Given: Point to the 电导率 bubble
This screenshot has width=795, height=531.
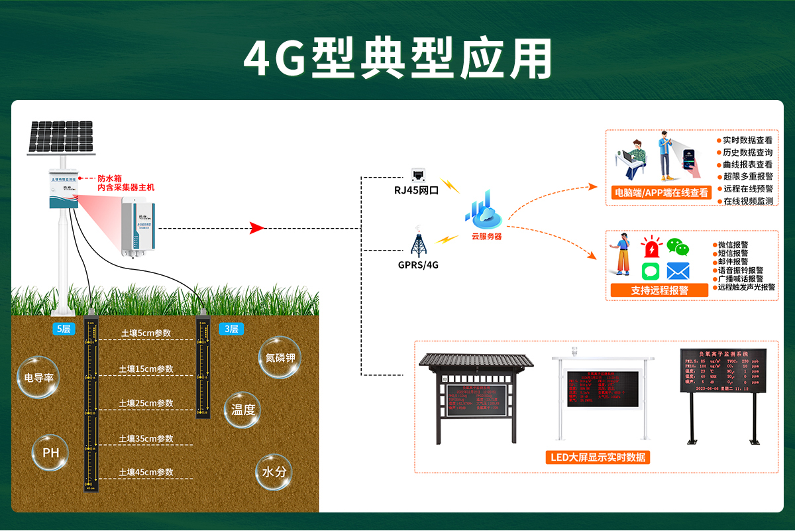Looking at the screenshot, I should coord(38,377).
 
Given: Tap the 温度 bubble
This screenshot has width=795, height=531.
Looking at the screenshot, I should coord(243,410).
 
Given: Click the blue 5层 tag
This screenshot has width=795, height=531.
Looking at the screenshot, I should coord(64,329).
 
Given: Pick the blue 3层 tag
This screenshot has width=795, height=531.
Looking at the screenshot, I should coord(231,329).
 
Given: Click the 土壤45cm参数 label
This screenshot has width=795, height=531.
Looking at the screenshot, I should coord(146,472).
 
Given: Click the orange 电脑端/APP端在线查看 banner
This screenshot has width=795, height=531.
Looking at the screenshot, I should coord(661,193).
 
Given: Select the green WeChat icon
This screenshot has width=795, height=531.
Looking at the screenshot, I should coord(678,247).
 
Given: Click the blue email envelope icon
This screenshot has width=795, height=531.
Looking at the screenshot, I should coord(678,270).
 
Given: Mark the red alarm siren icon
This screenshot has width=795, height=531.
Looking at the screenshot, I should coord(653,247).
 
